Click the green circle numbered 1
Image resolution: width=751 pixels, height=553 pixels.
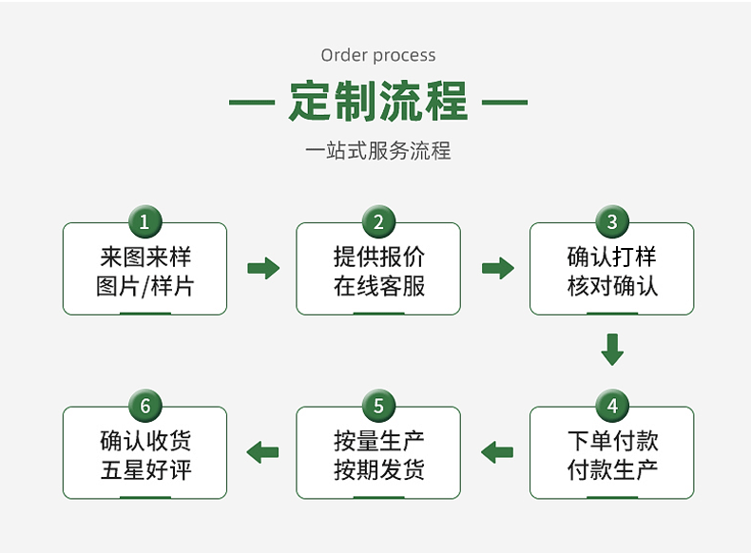point(144,222)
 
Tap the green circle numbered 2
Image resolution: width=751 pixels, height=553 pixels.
point(378,222)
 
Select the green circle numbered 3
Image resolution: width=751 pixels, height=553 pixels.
point(612,222)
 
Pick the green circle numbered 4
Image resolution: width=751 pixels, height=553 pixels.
point(612,407)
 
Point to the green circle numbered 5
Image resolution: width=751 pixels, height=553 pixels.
point(378,407)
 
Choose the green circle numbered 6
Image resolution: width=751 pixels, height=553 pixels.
point(144,407)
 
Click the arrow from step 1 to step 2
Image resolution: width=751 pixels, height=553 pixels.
point(263,268)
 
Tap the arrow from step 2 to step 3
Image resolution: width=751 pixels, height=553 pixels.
point(497,268)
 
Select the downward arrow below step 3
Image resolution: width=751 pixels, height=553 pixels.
point(612,349)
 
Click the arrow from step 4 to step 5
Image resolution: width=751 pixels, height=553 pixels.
point(497,452)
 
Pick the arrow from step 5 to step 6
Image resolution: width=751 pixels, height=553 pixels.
point(263,452)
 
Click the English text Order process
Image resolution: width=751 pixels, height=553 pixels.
point(378,55)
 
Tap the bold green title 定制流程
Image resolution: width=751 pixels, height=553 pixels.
point(378,102)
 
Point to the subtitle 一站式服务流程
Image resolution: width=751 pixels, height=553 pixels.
point(378,151)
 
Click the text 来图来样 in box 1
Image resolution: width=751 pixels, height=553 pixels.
point(145,256)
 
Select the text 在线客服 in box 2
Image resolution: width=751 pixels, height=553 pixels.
point(379,285)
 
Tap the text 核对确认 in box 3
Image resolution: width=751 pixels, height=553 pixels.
point(613,285)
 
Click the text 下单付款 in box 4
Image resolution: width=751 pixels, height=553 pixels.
point(613,440)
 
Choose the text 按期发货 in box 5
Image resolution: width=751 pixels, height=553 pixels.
point(379,469)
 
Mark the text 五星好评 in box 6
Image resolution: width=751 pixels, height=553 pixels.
point(145,469)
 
